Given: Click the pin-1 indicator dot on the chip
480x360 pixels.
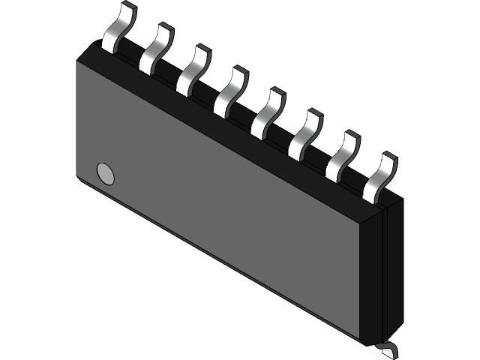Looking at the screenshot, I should tap(106, 174).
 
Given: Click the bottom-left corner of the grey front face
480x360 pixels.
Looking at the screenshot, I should tap(77, 178).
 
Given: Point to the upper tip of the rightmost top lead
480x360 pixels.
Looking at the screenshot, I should tap(388, 157).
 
